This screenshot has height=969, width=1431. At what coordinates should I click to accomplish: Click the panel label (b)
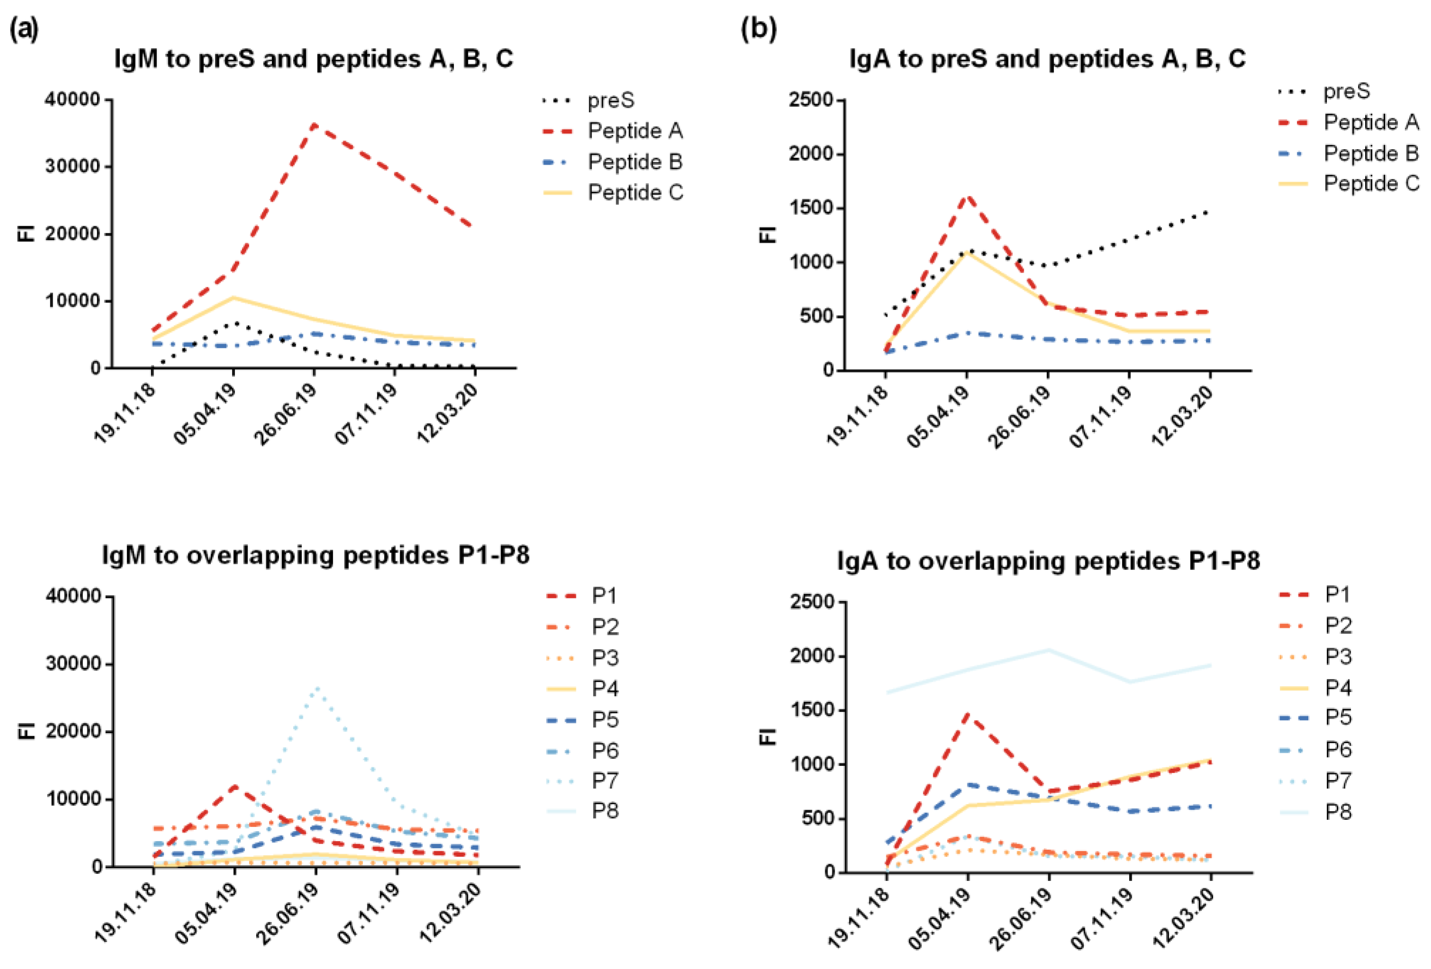[758, 29]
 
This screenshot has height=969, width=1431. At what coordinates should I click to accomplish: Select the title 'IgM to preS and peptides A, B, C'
[314, 59]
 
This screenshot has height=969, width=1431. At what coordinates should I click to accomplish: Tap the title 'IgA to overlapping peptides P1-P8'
[1048, 560]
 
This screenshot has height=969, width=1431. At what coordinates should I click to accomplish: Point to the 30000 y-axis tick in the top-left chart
[72, 167]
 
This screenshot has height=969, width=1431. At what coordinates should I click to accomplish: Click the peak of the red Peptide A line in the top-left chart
[314, 124]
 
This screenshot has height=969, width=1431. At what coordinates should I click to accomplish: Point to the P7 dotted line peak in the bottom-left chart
[316, 688]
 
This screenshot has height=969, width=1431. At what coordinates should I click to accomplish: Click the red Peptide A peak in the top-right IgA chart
[967, 196]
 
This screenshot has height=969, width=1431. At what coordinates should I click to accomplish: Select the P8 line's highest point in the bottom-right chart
[1049, 649]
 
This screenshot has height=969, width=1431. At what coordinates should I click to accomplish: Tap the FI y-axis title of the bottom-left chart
[27, 731]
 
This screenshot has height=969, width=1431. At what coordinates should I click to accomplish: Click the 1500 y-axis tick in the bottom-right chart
[811, 710]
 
